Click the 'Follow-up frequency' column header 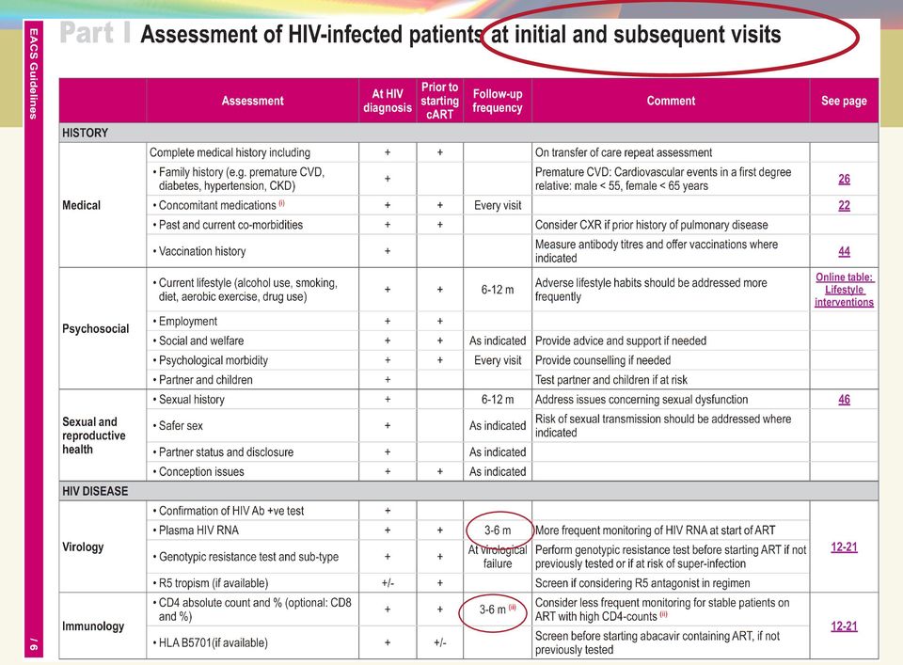tap(498, 101)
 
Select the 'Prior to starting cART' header tap(439, 101)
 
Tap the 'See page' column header tap(844, 101)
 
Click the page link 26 tap(845, 179)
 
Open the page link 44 tap(845, 251)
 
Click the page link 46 tap(845, 400)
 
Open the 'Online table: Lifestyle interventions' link tap(845, 290)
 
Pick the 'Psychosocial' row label tap(96, 329)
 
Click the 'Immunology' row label tap(93, 625)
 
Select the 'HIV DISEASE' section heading tap(95, 491)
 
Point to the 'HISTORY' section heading tap(86, 133)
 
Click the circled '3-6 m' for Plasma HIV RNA tap(498, 530)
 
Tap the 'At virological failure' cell tap(498, 557)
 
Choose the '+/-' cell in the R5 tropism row tap(388, 583)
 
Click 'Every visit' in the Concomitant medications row tap(498, 206)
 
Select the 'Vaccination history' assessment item tap(199, 251)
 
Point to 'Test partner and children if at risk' tap(611, 380)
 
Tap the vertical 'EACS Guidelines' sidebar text tap(34, 73)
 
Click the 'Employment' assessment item tap(185, 322)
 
